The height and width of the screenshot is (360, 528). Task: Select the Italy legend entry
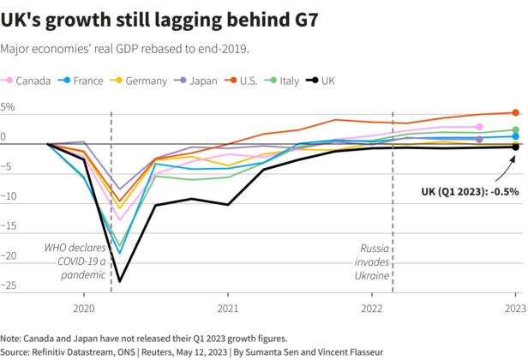(304, 81)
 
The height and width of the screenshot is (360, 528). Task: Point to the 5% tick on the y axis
(9, 108)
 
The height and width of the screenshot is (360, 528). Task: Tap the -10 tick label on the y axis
(9, 197)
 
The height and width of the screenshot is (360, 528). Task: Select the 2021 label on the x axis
(227, 307)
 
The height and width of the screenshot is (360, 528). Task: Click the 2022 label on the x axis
(371, 307)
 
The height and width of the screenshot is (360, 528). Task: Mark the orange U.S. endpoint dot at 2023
(515, 112)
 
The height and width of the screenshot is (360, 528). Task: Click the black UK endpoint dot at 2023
(515, 147)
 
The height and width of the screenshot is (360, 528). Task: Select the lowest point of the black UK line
(119, 280)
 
